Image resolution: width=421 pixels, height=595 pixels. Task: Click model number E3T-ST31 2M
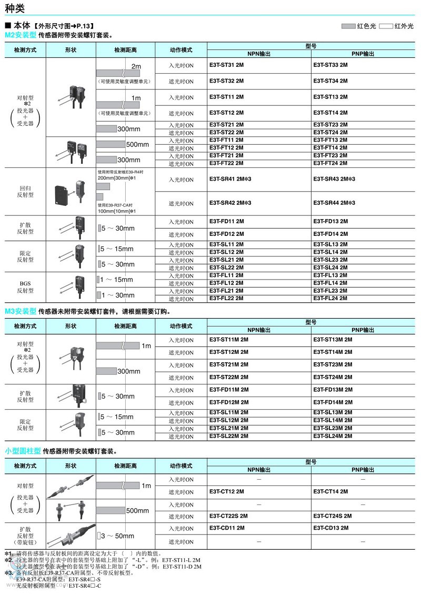226,65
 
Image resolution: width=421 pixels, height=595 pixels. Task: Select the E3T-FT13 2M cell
330,140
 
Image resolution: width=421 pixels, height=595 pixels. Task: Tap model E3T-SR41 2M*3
230,180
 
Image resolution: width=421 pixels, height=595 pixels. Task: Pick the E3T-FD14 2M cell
330,234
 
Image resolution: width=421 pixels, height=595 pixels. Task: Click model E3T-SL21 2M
226,260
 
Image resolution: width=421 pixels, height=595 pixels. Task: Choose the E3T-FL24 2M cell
330,299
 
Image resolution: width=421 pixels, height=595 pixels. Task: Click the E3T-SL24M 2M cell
333,436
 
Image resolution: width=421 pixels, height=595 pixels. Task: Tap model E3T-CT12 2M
226,492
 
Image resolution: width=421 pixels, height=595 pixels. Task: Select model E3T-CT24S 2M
332,516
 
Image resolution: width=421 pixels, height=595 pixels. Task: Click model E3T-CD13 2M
330,528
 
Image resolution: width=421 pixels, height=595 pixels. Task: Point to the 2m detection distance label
136,67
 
